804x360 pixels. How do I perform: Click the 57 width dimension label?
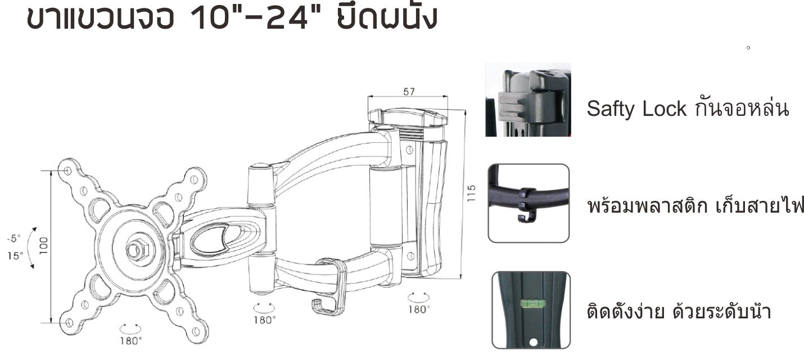click(x=409, y=92)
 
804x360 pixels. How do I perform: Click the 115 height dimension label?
click(x=472, y=193)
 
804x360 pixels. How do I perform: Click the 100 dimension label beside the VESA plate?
click(x=44, y=246)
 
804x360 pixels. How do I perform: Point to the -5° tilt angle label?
click(x=14, y=238)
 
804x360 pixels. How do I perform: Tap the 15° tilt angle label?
click(x=15, y=256)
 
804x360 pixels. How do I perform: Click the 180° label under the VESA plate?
click(x=131, y=341)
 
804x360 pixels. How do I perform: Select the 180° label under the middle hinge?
click(x=265, y=320)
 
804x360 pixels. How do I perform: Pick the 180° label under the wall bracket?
click(x=419, y=309)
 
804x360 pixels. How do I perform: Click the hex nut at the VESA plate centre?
click(x=137, y=249)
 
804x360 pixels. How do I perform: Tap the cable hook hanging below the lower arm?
click(x=329, y=287)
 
